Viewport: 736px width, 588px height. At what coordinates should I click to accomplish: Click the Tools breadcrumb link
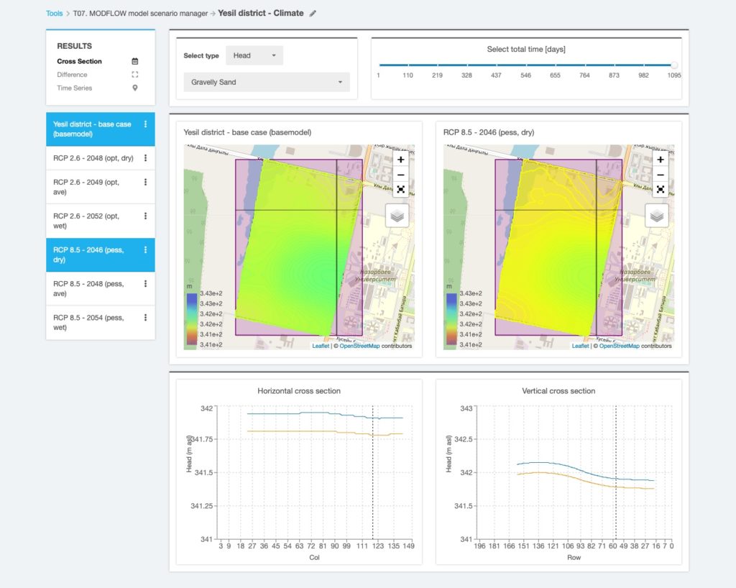click(54, 13)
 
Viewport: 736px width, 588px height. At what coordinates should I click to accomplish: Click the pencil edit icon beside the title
click(313, 13)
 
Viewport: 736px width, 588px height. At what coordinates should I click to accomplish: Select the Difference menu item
click(73, 75)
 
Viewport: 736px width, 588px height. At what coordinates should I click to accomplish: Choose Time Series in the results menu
click(75, 88)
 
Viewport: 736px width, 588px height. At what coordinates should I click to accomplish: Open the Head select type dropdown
click(254, 55)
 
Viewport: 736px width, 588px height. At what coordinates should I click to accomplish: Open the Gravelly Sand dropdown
click(267, 82)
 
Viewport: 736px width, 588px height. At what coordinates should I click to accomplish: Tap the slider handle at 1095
click(673, 65)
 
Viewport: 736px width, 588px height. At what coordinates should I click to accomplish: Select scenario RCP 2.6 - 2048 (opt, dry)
click(93, 158)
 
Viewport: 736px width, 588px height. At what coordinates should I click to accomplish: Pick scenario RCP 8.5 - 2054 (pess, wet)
click(88, 322)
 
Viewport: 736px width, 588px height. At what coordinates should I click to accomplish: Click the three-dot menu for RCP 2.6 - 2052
click(146, 216)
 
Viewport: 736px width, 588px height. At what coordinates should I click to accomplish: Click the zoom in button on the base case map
click(400, 160)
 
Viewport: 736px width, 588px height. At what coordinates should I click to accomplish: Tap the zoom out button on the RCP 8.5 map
click(660, 175)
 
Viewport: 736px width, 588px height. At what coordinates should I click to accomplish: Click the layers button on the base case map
click(397, 215)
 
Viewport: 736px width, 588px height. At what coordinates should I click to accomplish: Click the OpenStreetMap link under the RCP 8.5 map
click(619, 346)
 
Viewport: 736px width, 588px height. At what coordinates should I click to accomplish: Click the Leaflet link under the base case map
click(321, 346)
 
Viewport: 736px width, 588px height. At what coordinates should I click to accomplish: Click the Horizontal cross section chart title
click(299, 391)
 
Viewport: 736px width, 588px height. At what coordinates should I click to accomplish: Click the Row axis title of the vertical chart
click(574, 557)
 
